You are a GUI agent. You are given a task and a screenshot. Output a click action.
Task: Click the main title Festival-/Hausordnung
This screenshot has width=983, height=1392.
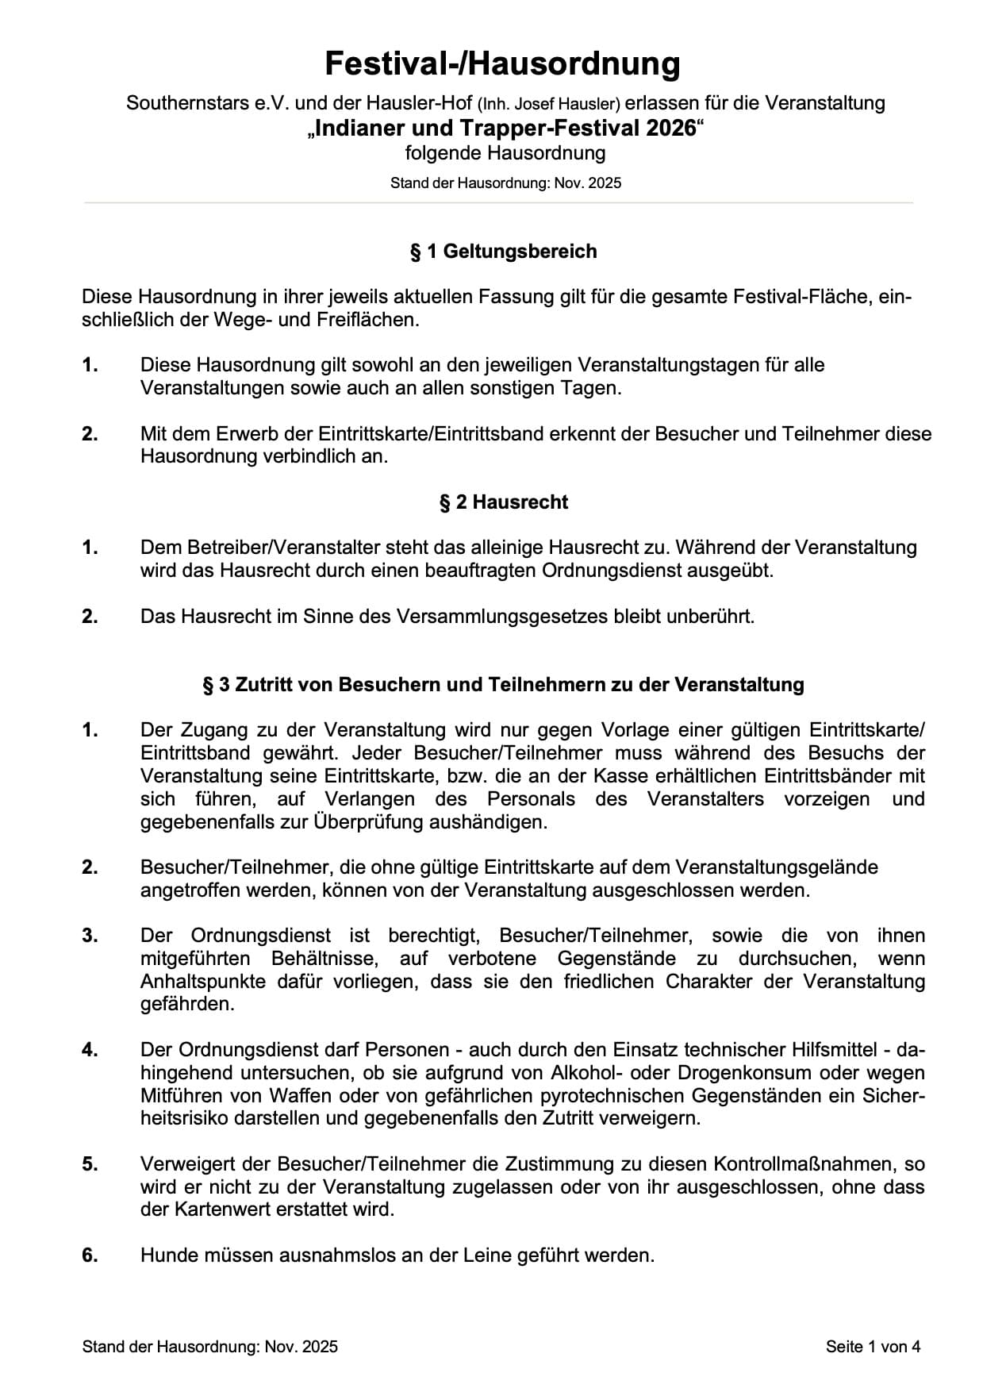(x=502, y=63)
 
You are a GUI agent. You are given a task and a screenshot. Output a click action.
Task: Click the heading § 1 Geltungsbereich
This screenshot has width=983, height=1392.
(x=503, y=252)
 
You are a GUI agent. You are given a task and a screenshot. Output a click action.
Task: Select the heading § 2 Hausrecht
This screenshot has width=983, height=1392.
(x=504, y=502)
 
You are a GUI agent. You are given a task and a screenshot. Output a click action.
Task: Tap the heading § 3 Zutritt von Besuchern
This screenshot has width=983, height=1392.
(x=503, y=685)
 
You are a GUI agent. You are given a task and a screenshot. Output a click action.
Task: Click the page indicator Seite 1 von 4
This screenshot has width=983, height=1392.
(x=873, y=1346)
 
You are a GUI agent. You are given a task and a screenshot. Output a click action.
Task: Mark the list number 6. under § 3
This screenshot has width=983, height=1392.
(x=90, y=1255)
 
